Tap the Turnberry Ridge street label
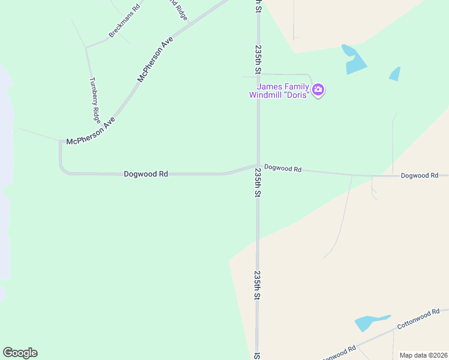(95, 99)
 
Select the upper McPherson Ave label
(155, 59)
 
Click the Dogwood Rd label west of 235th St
(145, 174)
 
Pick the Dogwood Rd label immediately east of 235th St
(283, 169)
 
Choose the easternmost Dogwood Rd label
(420, 175)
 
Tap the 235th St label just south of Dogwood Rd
(258, 183)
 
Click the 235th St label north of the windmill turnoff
(258, 59)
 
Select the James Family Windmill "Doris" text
(279, 91)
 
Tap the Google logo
(20, 353)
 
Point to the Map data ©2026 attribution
(423, 355)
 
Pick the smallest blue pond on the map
(394, 74)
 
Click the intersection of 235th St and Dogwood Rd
(258, 166)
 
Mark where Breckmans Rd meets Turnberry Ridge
(86, 47)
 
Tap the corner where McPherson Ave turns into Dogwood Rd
(61, 142)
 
